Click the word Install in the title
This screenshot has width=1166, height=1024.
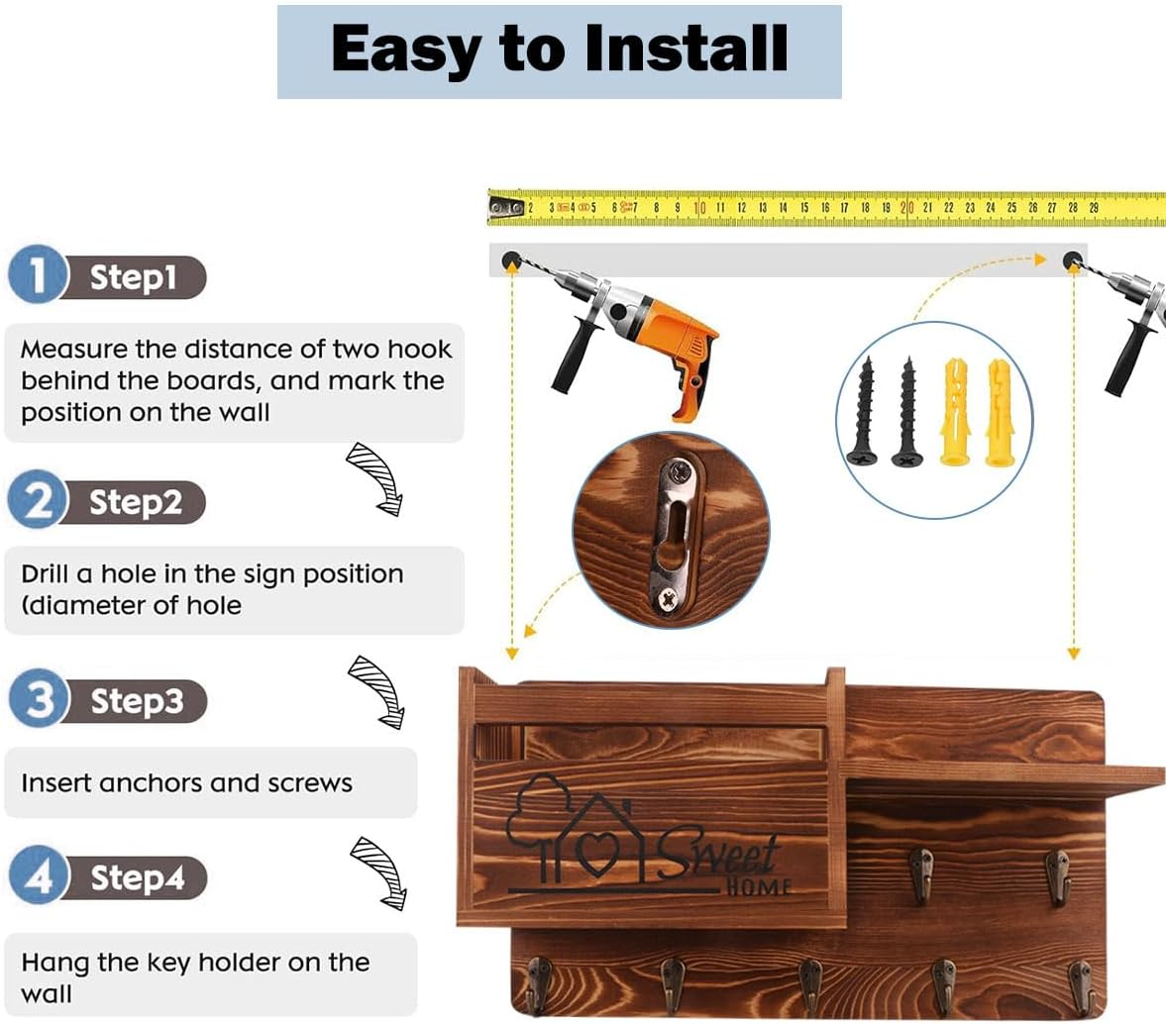pyautogui.click(x=687, y=49)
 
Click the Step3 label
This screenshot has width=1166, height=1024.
pyautogui.click(x=137, y=700)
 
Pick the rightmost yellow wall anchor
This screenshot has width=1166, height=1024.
pyautogui.click(x=1001, y=413)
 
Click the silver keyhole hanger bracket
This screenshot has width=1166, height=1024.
pyautogui.click(x=674, y=536)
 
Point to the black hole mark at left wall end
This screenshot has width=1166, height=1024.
pyautogui.click(x=511, y=260)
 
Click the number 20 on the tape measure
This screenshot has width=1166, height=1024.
pyautogui.click(x=906, y=208)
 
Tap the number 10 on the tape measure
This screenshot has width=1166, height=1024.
pyautogui.click(x=699, y=208)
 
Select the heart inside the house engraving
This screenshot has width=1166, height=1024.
pyautogui.click(x=598, y=853)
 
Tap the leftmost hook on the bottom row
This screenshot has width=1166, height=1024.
pyautogui.click(x=537, y=985)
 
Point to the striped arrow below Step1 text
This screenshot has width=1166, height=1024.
pyautogui.click(x=375, y=478)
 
